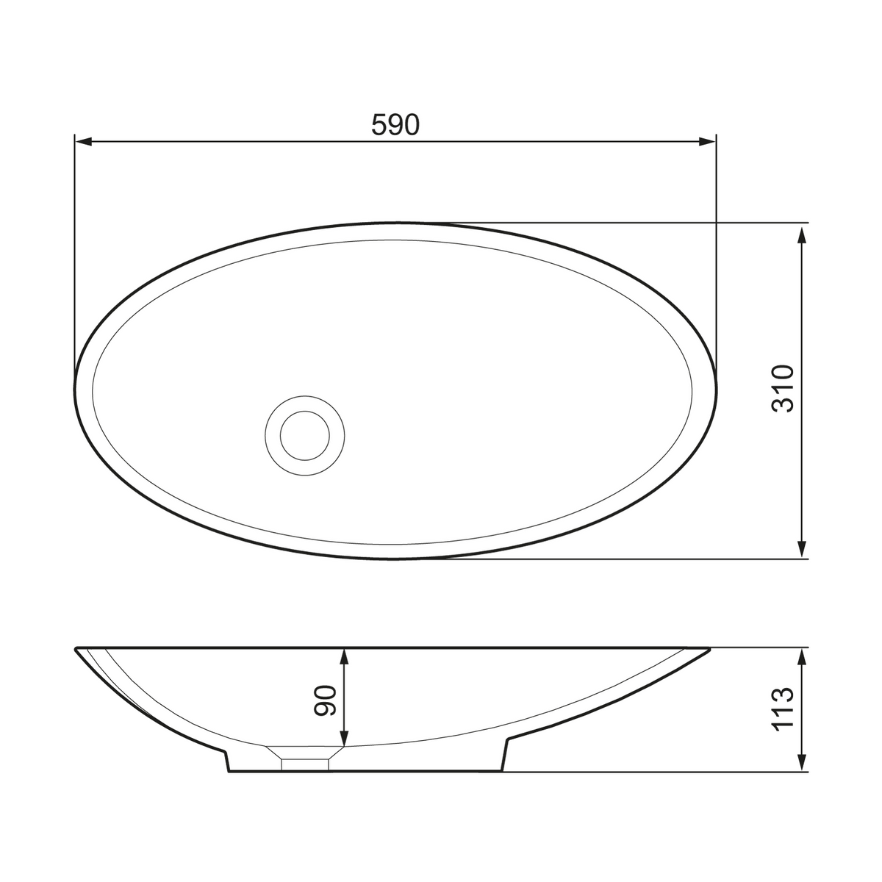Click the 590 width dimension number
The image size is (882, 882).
coord(395,125)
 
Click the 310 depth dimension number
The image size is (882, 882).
coord(783,389)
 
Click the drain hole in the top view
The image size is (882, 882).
coord(305,436)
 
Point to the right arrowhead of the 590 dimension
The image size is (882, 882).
coord(706,141)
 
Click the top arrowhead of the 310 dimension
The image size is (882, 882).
coord(801,237)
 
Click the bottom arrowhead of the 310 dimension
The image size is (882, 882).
coord(801,549)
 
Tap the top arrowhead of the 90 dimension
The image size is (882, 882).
coord(345,657)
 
